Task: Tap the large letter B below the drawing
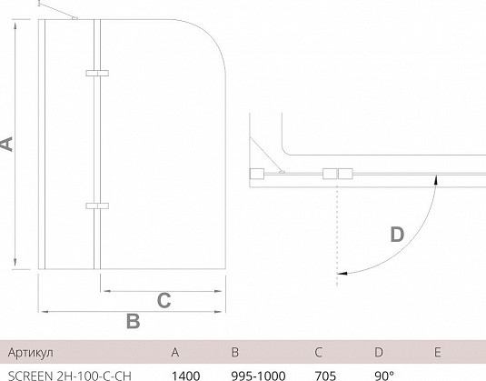pos(133,321)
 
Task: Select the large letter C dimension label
pos(164,300)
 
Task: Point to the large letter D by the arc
pos(397,235)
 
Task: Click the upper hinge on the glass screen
pos(97,73)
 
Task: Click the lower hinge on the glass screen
pos(97,206)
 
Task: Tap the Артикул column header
pos(30,353)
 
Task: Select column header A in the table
pos(175,353)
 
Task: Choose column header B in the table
pos(235,353)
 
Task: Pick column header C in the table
pos(318,353)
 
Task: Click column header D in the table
pos(379,353)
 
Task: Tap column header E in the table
pos(437,353)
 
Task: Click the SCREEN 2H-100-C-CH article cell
pos(70,376)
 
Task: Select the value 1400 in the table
pos(185,376)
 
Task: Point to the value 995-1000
pos(258,376)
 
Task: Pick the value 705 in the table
pos(325,376)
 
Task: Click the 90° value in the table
pos(384,376)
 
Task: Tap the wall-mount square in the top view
pos(257,174)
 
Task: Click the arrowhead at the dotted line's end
pos(342,274)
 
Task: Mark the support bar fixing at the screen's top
pos(74,18)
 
